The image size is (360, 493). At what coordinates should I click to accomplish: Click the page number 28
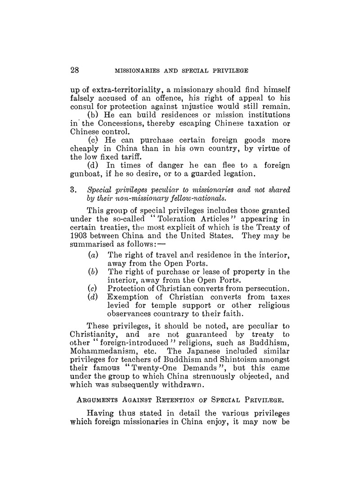click(75, 70)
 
